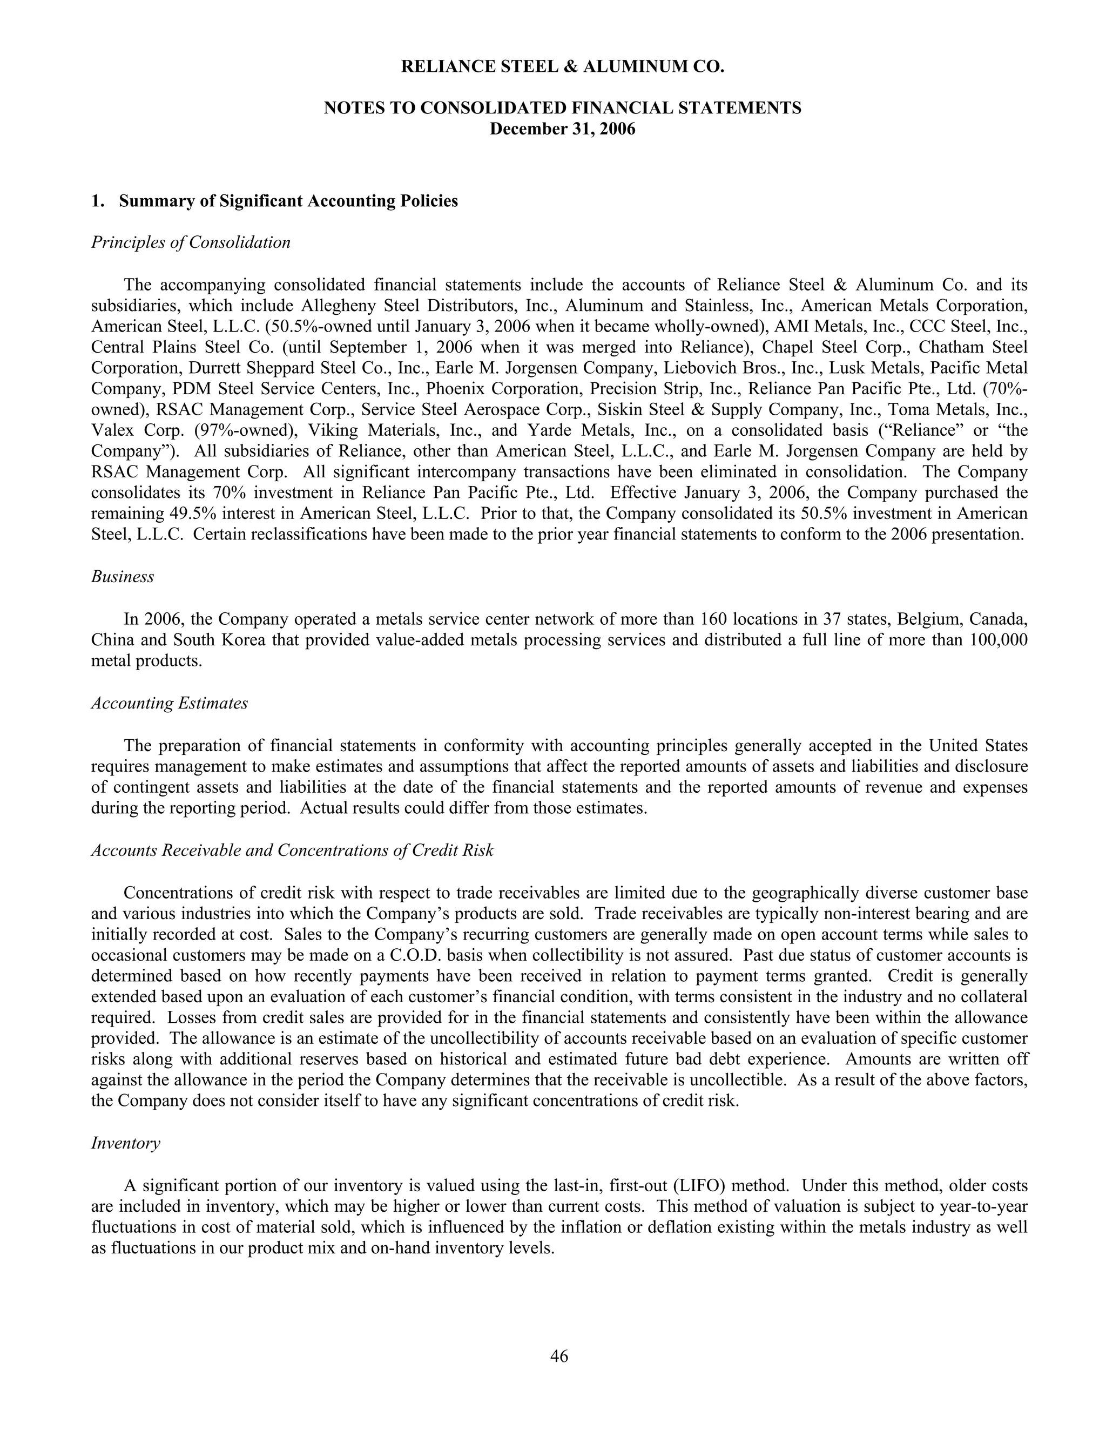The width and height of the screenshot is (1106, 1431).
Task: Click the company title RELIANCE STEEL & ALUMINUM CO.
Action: (562, 66)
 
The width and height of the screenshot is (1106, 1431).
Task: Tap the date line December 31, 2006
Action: (562, 129)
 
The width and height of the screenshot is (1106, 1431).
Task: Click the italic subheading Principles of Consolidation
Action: (191, 242)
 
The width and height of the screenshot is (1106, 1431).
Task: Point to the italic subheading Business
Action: (123, 577)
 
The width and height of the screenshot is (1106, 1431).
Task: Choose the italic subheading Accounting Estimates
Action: (169, 703)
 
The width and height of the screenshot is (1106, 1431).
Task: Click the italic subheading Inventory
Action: (125, 1143)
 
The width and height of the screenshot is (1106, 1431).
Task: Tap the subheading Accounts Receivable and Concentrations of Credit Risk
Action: (292, 850)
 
